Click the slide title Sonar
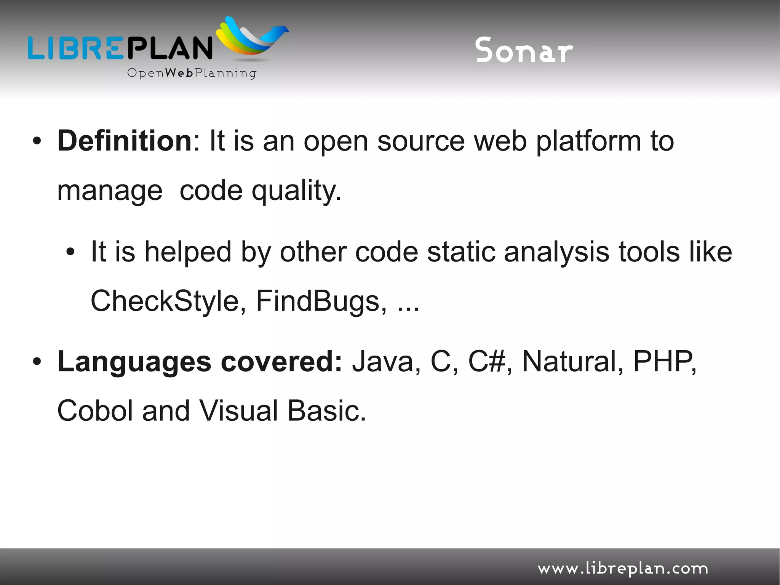pyautogui.click(x=524, y=50)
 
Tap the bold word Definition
pyautogui.click(x=125, y=141)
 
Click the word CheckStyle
pyautogui.click(x=165, y=301)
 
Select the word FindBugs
pyautogui.click(x=318, y=301)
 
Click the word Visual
pyautogui.click(x=238, y=411)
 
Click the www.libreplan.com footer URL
pyautogui.click(x=622, y=569)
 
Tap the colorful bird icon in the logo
pyautogui.click(x=251, y=38)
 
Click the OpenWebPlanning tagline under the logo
pyautogui.click(x=192, y=73)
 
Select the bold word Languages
pyautogui.click(x=134, y=362)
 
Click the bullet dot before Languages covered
pyautogui.click(x=37, y=362)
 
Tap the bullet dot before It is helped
pyautogui.click(x=70, y=252)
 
